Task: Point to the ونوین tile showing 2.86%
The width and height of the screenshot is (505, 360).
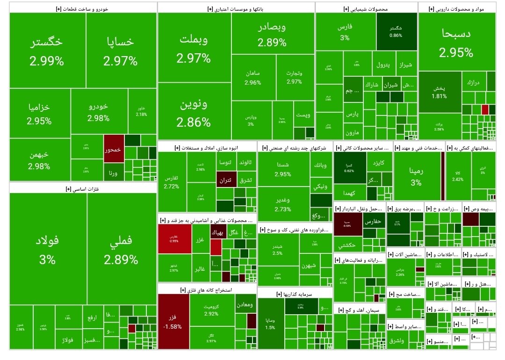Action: coord(194,112)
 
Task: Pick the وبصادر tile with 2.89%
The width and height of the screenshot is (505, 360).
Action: coord(272,36)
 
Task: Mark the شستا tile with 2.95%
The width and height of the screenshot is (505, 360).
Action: coord(283,170)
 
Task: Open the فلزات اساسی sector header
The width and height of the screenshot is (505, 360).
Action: coord(82,188)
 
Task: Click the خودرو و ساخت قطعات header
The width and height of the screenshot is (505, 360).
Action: coord(82,8)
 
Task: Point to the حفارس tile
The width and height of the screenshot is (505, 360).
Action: coord(373,221)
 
